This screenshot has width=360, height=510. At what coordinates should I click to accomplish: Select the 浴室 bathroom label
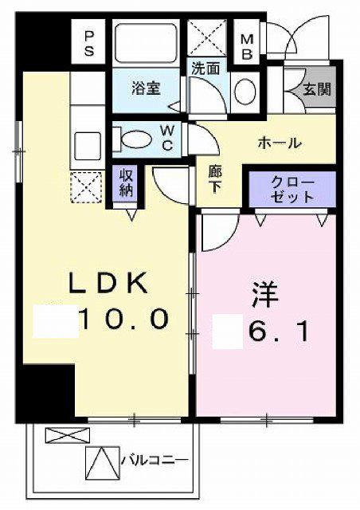point(146,88)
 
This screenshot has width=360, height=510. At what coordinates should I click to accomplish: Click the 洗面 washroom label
point(205,69)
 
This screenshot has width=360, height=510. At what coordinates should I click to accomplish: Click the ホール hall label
point(278,143)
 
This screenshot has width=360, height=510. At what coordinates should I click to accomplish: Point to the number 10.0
point(123,320)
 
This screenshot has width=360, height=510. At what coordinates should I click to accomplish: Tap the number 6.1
point(279,330)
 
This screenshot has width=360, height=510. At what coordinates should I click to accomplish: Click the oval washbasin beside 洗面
point(246,89)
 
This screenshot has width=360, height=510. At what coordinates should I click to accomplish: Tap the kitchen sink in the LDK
point(86,146)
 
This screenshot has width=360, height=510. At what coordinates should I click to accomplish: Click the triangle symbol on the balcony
point(101,460)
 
